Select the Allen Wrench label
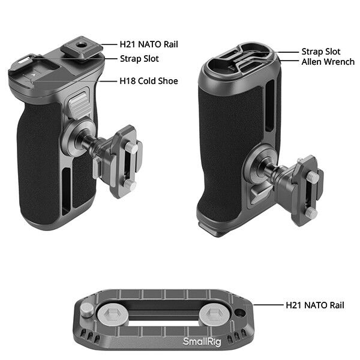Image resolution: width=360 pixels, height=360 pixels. (328, 61)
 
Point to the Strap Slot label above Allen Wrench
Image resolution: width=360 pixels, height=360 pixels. (320, 52)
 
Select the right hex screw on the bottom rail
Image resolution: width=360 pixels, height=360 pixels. (214, 314)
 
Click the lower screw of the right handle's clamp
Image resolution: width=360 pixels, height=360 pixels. (310, 212)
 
